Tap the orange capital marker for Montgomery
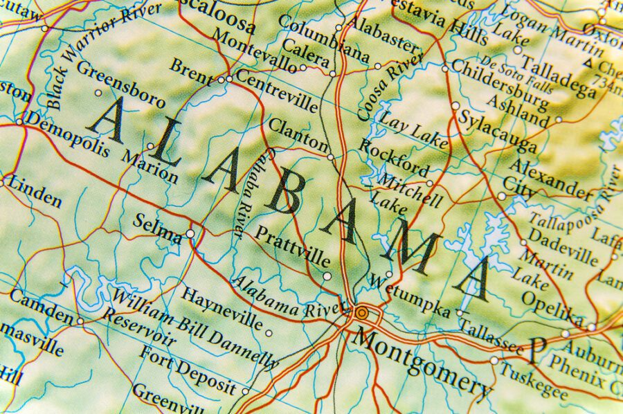[361, 313]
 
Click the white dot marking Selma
[190, 234]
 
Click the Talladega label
[558, 76]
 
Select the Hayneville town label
[222, 308]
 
